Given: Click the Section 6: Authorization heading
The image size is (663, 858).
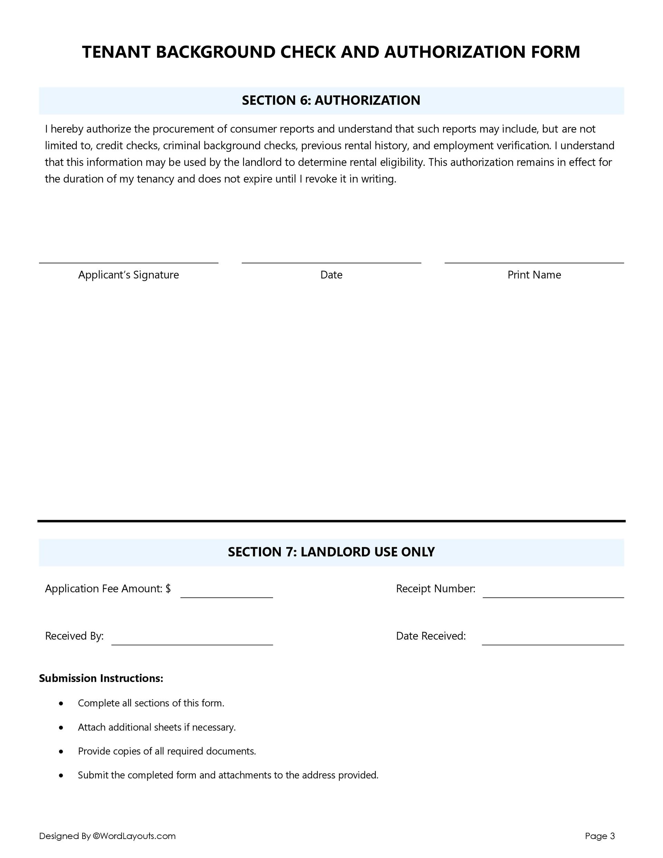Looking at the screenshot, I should tap(331, 100).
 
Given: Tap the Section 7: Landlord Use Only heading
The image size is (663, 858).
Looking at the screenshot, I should tap(331, 552).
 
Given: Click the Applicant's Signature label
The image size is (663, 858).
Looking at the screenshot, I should tap(128, 274).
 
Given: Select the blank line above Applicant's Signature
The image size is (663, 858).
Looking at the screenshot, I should tap(128, 262).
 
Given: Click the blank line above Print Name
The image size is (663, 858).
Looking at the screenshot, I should tap(534, 262).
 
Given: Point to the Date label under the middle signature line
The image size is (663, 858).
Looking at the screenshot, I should tap(331, 274).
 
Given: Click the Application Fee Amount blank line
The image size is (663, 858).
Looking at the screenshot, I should tap(227, 597).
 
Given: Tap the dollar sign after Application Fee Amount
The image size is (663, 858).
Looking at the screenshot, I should tap(168, 588).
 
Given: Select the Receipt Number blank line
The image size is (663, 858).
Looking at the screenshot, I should tap(553, 597).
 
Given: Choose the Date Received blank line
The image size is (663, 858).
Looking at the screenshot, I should tap(552, 644).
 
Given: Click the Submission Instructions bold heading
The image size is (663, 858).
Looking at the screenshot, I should tap(101, 678).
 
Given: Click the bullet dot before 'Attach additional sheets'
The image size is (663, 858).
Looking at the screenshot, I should tap(61, 727).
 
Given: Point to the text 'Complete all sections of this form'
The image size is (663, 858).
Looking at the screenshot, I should tap(151, 703).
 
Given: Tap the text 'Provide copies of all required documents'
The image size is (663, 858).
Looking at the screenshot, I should tap(167, 751).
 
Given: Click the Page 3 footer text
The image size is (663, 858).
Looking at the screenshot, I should tap(599, 836).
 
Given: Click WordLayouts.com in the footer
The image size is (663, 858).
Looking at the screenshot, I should tap(137, 836).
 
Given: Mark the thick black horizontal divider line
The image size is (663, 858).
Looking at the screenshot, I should tap(331, 521).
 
